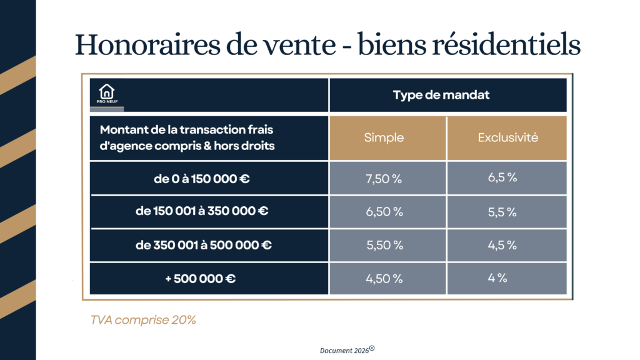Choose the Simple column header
(x=384, y=138)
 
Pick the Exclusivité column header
(x=507, y=138)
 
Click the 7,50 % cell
(x=384, y=179)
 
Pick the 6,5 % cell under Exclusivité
(x=502, y=177)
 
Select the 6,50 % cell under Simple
(x=384, y=212)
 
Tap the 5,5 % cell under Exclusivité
(x=502, y=212)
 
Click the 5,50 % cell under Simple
(x=384, y=245)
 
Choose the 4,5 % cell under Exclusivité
(x=502, y=245)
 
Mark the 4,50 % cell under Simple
(x=384, y=279)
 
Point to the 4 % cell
(x=497, y=277)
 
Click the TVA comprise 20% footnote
(x=143, y=320)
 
